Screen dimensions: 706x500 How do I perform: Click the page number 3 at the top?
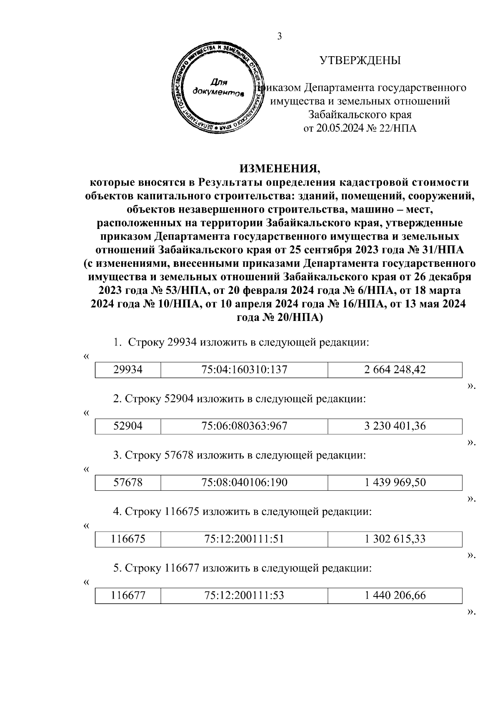click(x=280, y=37)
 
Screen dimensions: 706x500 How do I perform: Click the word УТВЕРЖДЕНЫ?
click(x=360, y=61)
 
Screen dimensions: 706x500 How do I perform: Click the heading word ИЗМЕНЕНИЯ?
click(x=280, y=169)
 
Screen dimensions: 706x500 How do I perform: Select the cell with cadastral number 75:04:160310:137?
click(x=244, y=370)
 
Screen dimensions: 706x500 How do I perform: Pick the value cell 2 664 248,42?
click(x=395, y=370)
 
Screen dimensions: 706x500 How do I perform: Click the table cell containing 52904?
click(x=128, y=426)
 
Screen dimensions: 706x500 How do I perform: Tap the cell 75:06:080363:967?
click(x=244, y=426)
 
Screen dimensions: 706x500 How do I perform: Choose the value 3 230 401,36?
click(x=395, y=426)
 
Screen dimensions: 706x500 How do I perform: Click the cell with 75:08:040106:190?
click(x=244, y=482)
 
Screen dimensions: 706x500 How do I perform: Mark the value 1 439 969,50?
click(x=395, y=482)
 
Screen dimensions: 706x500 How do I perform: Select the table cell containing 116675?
click(x=128, y=539)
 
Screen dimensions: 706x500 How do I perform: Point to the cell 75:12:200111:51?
click(x=244, y=539)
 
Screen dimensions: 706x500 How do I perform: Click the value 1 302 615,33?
click(x=395, y=539)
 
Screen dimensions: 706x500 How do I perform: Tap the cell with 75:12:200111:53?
click(x=244, y=596)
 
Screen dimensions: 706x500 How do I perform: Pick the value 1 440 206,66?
click(x=395, y=596)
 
